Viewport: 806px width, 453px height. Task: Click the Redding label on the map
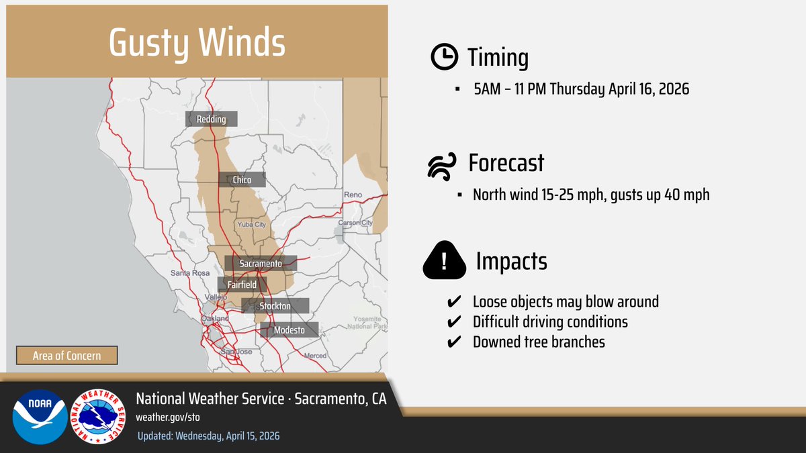tap(211, 119)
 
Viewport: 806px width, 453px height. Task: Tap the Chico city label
tap(241, 180)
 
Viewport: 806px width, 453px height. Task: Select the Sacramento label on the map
tap(261, 264)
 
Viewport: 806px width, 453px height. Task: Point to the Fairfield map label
tap(242, 285)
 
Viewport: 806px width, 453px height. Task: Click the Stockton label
tap(275, 306)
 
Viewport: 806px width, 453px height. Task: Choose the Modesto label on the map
tap(289, 330)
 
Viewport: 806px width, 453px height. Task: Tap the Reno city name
tap(353, 195)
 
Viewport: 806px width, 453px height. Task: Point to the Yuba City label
tap(251, 224)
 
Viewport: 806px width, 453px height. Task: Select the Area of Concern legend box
tap(66, 355)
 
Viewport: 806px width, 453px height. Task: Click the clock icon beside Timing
tap(443, 58)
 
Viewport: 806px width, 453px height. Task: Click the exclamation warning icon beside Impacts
tap(444, 261)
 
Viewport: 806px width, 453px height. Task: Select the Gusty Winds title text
tap(197, 43)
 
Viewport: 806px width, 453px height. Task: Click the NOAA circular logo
tap(40, 416)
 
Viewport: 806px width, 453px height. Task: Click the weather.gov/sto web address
tap(168, 417)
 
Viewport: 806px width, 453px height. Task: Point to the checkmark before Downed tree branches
tap(453, 342)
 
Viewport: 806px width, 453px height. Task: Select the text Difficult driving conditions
tap(550, 322)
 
